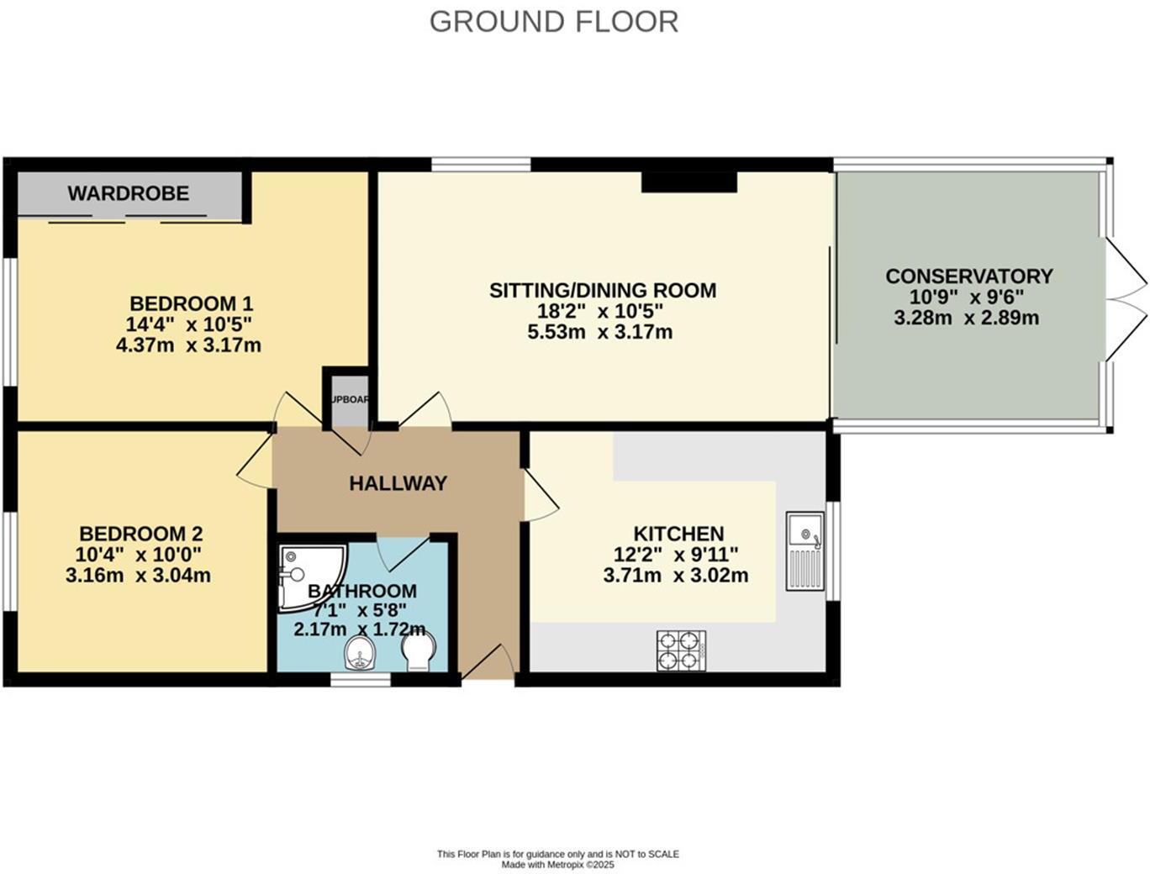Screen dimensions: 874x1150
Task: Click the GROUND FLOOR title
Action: point(554,22)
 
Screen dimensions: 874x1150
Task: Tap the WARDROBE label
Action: point(129,193)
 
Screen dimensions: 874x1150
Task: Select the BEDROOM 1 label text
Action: point(191,303)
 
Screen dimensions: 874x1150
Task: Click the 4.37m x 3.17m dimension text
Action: point(188,345)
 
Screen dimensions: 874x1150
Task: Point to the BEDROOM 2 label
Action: point(140,534)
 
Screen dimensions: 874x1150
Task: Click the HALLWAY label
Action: point(398,483)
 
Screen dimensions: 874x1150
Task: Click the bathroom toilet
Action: point(418,650)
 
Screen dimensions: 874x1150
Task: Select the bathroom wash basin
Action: point(360,652)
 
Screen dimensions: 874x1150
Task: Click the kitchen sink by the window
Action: point(805,550)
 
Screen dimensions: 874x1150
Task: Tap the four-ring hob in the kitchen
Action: point(681,650)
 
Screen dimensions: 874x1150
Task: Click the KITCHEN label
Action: point(678,534)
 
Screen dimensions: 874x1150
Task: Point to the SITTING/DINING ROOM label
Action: point(603,291)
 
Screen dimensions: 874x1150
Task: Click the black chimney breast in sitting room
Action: point(689,182)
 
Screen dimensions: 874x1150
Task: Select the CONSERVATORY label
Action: point(968,276)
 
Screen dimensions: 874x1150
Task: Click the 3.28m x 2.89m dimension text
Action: point(966,319)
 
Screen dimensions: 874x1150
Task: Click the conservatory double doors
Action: point(1125,299)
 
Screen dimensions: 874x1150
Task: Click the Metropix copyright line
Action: point(557,865)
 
